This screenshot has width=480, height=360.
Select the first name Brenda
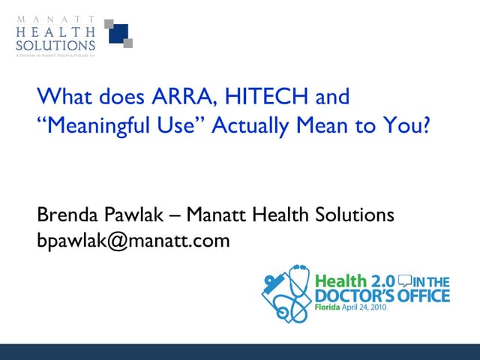point(65,215)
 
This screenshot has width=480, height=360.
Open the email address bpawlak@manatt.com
point(133,241)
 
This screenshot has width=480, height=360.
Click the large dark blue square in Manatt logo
point(119,34)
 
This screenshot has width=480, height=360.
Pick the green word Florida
point(327,308)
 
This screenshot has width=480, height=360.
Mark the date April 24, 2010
point(364,308)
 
